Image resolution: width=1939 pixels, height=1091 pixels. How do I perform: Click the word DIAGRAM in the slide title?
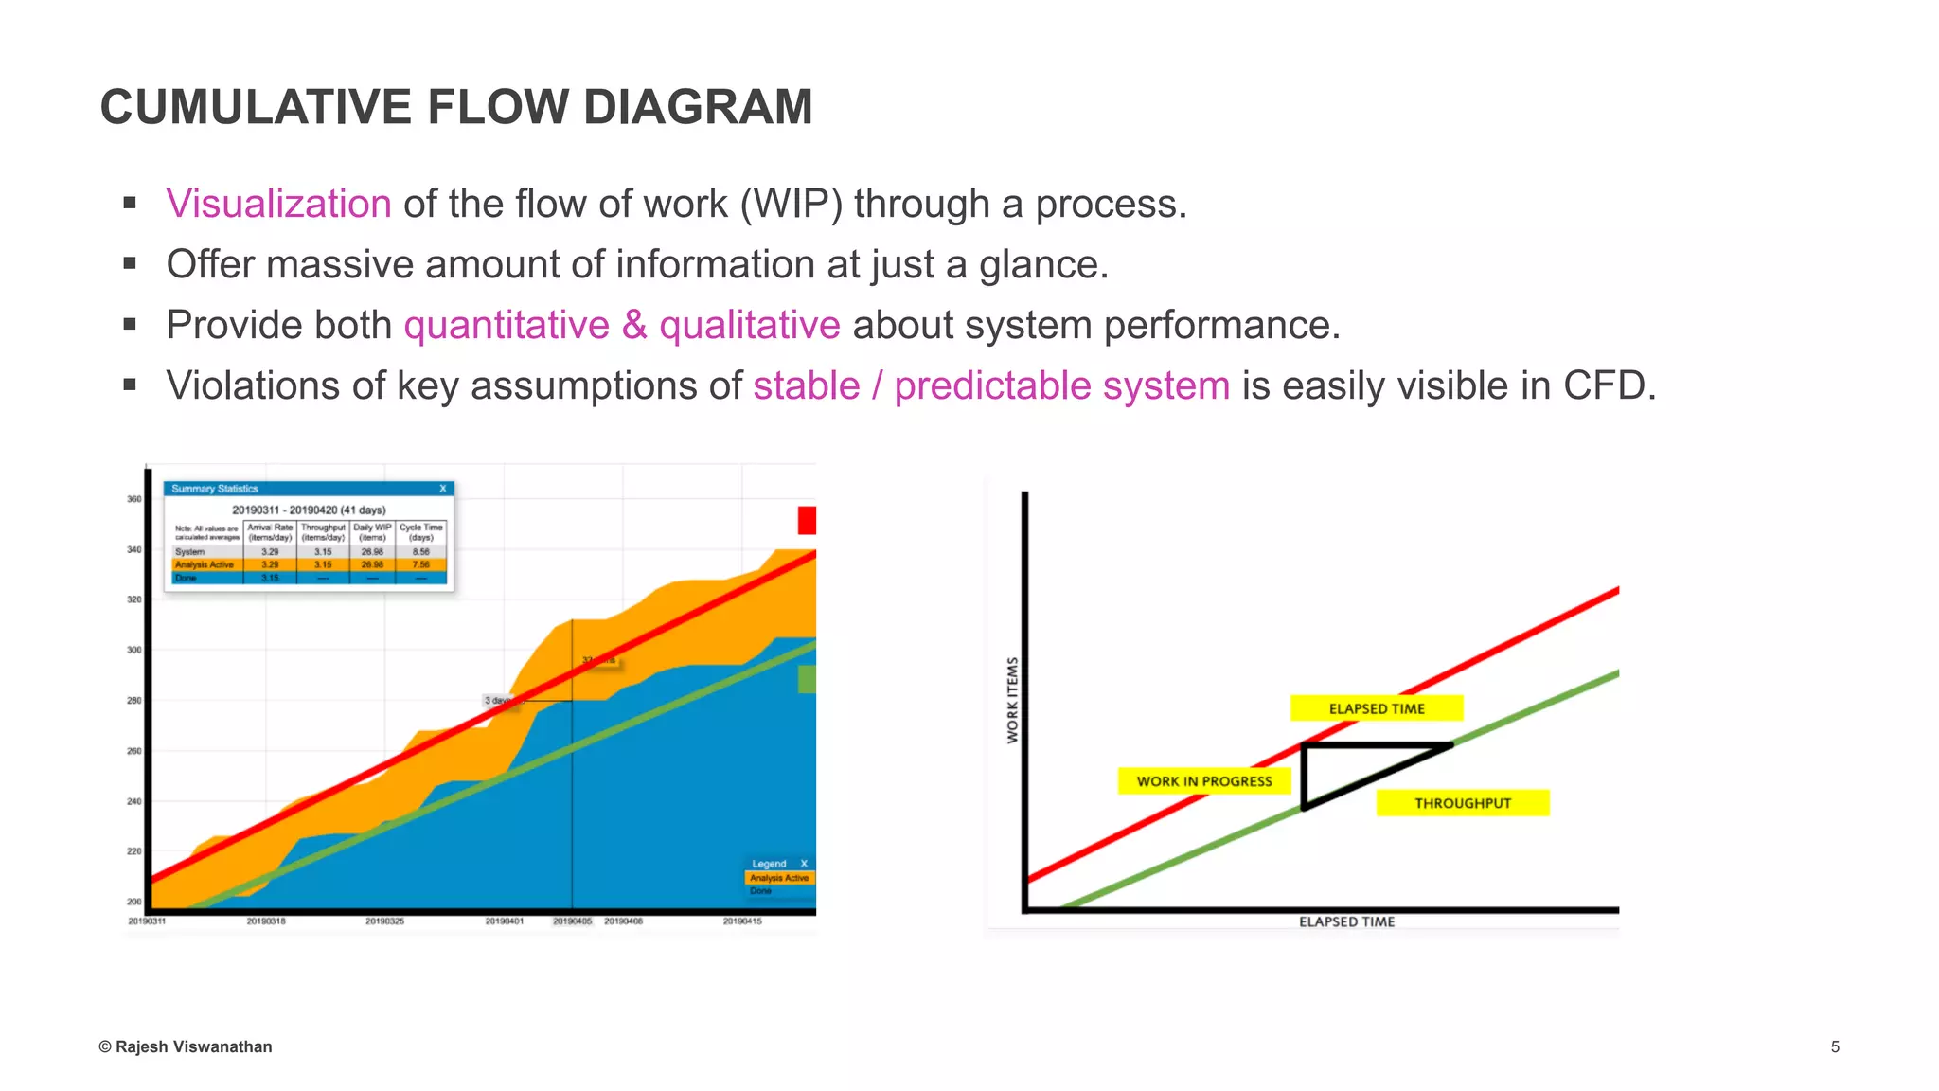698,106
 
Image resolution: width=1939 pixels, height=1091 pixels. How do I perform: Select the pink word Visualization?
278,204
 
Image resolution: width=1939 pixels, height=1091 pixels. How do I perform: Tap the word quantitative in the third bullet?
507,325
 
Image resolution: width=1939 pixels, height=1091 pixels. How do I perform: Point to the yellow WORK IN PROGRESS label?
1203,781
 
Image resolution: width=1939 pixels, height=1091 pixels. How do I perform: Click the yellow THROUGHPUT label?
1462,803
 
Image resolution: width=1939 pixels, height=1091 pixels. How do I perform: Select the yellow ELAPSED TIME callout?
1376,708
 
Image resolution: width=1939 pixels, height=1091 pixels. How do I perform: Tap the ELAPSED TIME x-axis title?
1346,921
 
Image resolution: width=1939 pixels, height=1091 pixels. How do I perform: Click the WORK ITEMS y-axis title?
1013,700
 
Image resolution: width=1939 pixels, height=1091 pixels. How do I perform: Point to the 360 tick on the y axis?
134,499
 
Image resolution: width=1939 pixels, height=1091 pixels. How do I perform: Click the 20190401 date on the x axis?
504,921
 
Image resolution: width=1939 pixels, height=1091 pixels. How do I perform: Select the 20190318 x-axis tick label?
266,921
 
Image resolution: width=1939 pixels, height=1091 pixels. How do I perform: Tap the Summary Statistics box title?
215,489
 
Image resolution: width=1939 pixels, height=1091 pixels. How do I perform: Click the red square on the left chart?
807,520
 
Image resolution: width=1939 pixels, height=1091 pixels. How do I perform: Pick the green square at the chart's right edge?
807,679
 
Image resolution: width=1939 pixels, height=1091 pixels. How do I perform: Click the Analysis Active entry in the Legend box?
779,878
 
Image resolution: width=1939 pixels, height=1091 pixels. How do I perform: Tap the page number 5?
1835,1046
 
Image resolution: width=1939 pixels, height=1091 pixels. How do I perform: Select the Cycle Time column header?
421,531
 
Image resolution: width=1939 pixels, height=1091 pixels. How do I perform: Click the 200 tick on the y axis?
134,902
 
